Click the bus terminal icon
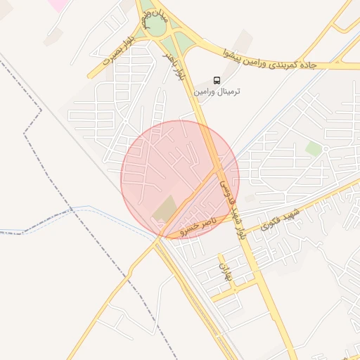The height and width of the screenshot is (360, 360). pos(217,80)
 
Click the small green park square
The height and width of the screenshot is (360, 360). pos(314,149)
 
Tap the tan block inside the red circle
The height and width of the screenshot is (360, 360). pos(166,208)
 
